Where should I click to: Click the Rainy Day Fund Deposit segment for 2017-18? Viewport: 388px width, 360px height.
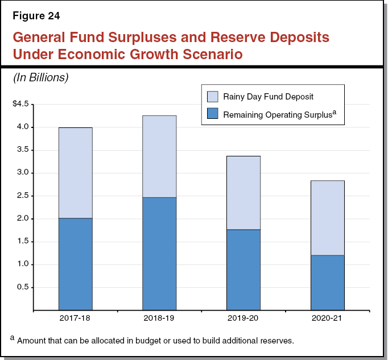[x=75, y=173]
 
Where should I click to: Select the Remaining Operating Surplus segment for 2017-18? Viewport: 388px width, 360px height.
[x=75, y=264]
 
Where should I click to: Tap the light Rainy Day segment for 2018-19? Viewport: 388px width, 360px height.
[x=159, y=156]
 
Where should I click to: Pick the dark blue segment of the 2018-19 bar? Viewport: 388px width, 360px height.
[x=159, y=254]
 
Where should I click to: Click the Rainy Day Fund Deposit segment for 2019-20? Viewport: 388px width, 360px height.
[x=243, y=193]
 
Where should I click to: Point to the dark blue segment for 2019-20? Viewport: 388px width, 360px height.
[x=243, y=270]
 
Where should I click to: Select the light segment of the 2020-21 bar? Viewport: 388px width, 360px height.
[x=327, y=218]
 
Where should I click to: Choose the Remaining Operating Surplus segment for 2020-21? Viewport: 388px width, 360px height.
[x=327, y=283]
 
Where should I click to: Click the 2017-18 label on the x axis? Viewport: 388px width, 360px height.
[x=75, y=318]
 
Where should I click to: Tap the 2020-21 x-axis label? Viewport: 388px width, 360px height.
[x=327, y=318]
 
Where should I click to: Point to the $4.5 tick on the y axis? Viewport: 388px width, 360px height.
[x=21, y=104]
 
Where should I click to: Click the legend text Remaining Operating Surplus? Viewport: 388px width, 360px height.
[x=276, y=114]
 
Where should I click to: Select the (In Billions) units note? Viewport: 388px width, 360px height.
[x=40, y=78]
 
